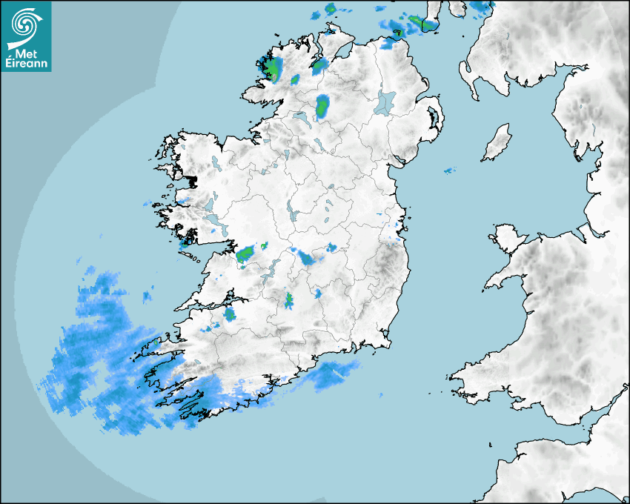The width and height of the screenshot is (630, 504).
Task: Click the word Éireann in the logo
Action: point(26,63)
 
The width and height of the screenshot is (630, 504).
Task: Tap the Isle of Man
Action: point(497,143)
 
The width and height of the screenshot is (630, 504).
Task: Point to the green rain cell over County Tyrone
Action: point(322,107)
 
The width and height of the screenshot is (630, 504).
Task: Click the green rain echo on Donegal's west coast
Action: point(272,71)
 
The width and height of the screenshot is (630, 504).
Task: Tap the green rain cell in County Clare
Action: point(245,256)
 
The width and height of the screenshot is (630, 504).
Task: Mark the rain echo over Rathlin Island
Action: point(399,32)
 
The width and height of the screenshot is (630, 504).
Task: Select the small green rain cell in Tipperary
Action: point(289,300)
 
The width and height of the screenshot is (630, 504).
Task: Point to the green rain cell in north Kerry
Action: point(230,314)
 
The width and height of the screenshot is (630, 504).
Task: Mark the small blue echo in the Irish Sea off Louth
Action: point(448,171)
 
